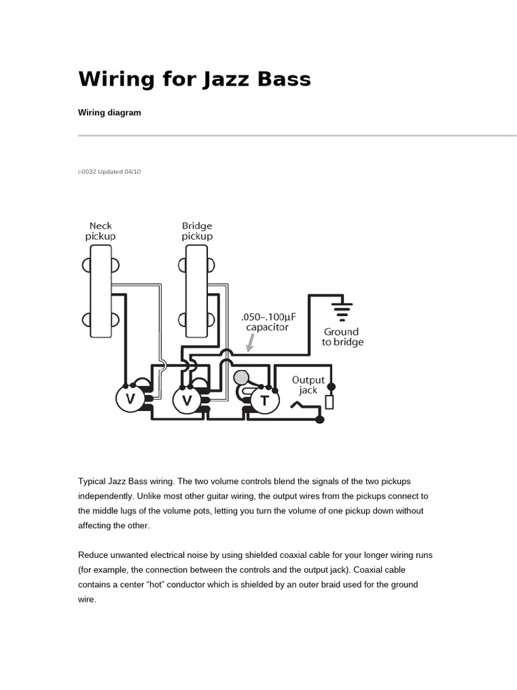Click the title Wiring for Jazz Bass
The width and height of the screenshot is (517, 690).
[195, 79]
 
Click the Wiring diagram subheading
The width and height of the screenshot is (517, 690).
[110, 113]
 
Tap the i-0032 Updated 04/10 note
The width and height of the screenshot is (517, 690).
[110, 172]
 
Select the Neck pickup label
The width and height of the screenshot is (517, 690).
[100, 231]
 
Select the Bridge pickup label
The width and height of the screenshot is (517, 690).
[197, 231]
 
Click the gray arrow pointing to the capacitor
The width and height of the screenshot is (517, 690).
[250, 345]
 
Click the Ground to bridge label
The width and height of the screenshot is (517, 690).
[342, 336]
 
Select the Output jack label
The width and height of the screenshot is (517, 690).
[308, 385]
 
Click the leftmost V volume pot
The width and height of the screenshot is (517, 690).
[130, 400]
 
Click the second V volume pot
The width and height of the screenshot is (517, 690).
[186, 400]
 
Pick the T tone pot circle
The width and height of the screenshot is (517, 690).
[265, 400]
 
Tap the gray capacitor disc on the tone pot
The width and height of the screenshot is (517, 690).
[242, 378]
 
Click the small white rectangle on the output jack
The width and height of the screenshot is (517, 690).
[329, 402]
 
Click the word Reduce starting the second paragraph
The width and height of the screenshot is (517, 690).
[94, 555]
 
